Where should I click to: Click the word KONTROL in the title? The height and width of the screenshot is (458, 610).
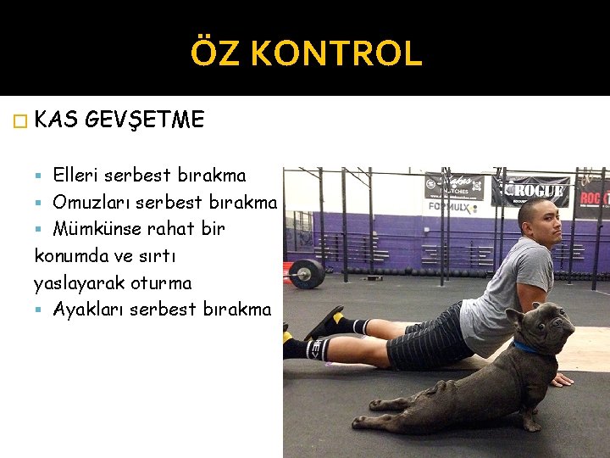pos(336,53)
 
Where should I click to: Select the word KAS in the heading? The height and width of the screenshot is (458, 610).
pos(58,120)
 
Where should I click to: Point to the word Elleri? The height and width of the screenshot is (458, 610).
pos(78,176)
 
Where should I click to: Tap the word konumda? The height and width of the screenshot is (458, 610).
pos(72,255)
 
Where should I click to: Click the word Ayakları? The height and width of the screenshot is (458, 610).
pos(89,309)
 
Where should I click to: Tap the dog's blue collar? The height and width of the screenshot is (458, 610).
pos(527,347)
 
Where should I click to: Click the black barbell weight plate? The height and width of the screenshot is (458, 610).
pos(307,273)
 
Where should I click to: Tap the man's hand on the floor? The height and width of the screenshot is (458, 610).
pos(562,381)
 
